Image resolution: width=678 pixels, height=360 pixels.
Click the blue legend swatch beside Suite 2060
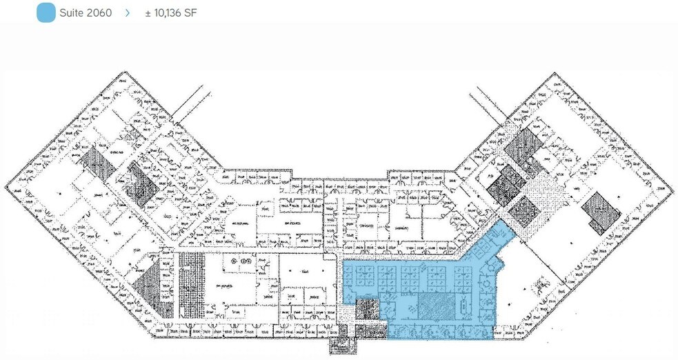(46, 12)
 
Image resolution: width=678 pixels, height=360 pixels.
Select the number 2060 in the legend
(99, 12)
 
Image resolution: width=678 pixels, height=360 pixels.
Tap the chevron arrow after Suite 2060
(128, 12)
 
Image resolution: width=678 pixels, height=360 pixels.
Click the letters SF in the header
(191, 12)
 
